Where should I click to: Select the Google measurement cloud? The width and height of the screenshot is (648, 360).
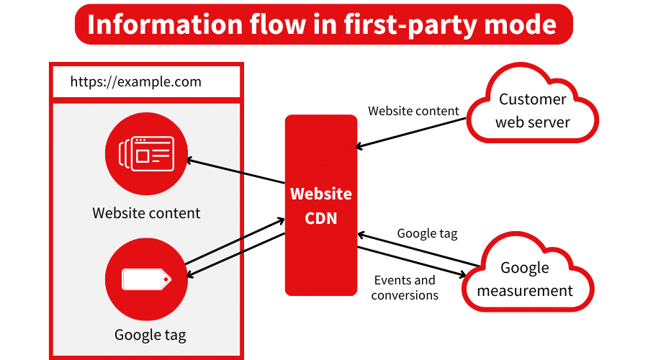click(x=525, y=279)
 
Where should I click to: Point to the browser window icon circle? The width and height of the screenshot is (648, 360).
click(x=146, y=153)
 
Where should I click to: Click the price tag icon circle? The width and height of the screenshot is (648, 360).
click(x=146, y=279)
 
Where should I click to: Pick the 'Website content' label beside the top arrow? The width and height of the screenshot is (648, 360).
click(x=413, y=111)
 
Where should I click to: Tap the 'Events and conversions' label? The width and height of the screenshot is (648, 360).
click(x=405, y=287)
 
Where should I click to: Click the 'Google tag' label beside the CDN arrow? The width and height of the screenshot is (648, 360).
click(x=427, y=233)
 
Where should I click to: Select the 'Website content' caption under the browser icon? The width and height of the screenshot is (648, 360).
click(x=146, y=213)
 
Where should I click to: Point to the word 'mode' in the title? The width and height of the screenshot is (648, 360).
click(x=523, y=24)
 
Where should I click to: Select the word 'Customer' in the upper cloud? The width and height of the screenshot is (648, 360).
click(x=533, y=99)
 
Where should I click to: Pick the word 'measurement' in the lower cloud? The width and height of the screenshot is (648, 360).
click(x=525, y=291)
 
